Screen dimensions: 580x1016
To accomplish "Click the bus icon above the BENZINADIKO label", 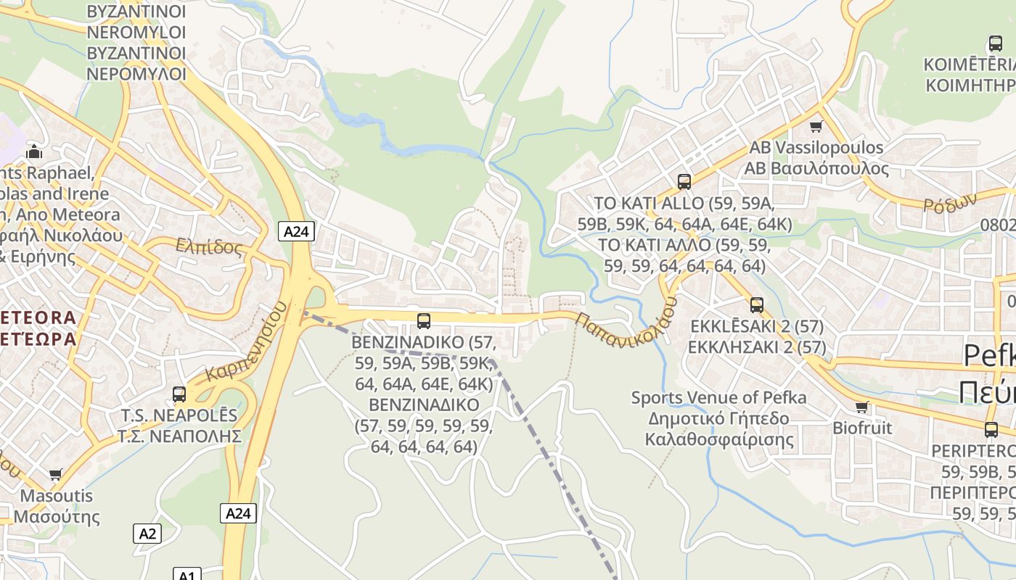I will coord(424,320).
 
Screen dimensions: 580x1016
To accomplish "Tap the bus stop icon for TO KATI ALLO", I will coord(684,181).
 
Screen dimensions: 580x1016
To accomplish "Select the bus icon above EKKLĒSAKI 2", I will coord(757,305).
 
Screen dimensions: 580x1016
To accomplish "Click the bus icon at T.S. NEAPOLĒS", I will coord(179,394).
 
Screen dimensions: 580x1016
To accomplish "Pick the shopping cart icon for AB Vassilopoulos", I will coord(816,127).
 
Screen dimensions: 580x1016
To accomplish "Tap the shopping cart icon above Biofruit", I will coord(862,407).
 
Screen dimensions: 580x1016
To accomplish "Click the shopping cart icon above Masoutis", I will coord(56,475).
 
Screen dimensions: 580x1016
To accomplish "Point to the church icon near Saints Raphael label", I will coord(34,152).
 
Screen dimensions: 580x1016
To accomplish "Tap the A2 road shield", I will coord(147,534).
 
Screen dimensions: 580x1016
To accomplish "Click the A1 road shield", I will coord(187,575).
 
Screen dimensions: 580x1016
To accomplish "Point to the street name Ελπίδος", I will coord(209,246).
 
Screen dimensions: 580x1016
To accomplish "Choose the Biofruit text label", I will coord(862,428).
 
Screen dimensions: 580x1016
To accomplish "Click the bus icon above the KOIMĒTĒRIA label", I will coord(996,43).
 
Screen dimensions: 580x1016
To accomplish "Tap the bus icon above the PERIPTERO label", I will coord(991,429).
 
